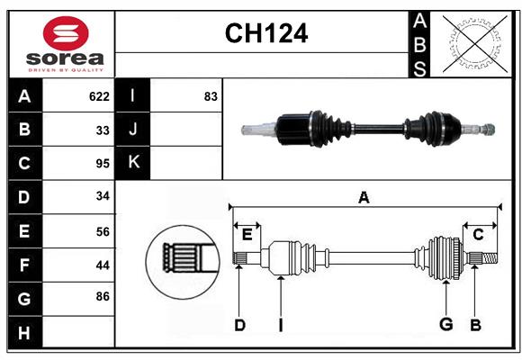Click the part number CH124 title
coord(265,33)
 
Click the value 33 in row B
coord(103,130)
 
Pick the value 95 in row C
coord(103,164)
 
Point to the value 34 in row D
coord(103,197)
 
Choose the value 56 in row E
coord(103,231)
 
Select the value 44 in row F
coord(103,265)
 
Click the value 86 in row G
coord(103,294)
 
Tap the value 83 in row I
coord(211,96)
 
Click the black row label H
coord(24,333)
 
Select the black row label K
coord(133,163)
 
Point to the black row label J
coord(133,130)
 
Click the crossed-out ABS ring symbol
coord(472,43)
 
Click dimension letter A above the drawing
coord(364,197)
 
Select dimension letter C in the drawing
coord(478,234)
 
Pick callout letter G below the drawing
coord(445,325)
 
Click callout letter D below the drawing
coord(239,325)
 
